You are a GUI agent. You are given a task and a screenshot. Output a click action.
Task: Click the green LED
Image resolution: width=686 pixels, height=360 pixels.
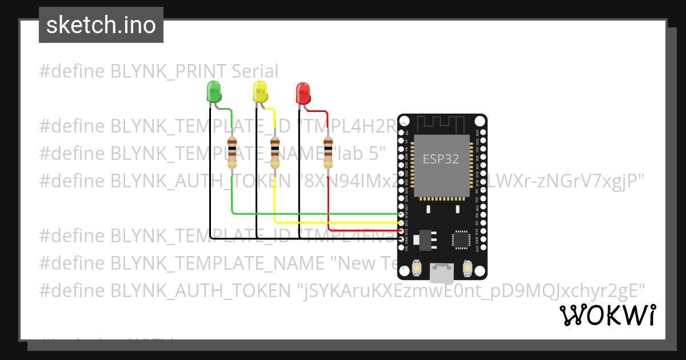[213, 91]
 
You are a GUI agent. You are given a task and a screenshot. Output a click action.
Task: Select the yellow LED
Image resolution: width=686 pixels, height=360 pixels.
[260, 91]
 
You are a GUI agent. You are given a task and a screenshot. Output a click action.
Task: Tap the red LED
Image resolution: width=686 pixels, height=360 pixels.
[302, 92]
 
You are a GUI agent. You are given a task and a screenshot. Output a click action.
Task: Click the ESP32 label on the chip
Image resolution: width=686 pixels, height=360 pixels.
[441, 159]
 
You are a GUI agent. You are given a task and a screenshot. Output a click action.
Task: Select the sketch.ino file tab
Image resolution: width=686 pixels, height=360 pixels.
[101, 25]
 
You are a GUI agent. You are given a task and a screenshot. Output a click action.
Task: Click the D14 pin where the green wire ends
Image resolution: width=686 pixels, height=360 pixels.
[401, 214]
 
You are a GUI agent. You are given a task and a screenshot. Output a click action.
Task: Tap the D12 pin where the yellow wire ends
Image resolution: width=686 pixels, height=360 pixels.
[401, 222]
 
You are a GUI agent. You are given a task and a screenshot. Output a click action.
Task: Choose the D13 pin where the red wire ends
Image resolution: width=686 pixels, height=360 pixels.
[401, 231]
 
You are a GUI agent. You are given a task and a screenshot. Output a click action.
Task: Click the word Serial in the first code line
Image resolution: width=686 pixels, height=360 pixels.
[255, 71]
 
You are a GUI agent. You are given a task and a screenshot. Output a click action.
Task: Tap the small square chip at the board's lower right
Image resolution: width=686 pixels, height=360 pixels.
[461, 240]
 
